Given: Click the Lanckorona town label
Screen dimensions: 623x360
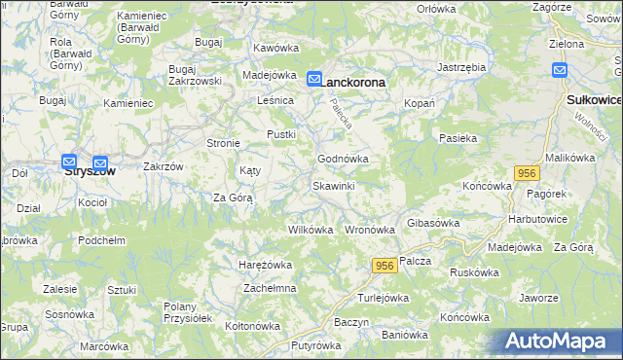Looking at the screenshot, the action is [353, 83].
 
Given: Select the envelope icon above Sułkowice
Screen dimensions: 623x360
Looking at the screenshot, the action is [560, 69].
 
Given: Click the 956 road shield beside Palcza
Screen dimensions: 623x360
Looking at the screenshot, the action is [383, 266].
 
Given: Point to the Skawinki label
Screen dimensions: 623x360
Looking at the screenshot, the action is [333, 185].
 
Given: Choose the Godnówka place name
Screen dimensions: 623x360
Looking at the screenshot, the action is [343, 159].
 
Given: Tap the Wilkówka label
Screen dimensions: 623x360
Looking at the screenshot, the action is [311, 231].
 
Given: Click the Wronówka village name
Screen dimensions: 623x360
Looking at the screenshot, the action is [369, 231].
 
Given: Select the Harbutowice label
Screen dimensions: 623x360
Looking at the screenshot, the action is [537, 218].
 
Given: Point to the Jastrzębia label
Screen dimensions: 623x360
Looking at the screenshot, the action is [461, 67].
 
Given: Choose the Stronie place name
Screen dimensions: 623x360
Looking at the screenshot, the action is [223, 143].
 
